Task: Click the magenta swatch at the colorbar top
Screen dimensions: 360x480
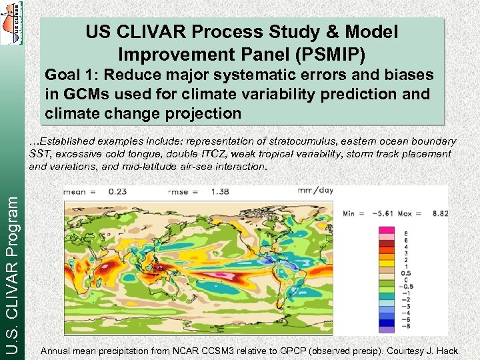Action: coord(386,231)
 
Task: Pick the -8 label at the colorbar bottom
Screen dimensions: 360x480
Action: coord(405,328)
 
